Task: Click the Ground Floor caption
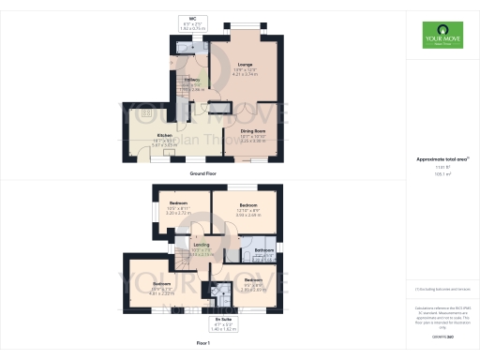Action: tap(205, 173)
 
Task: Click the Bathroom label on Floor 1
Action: tap(263, 250)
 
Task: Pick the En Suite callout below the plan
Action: tap(220, 325)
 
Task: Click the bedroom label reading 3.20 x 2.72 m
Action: tap(178, 209)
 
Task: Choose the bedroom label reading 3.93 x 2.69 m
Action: tap(247, 209)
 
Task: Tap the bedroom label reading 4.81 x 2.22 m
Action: tap(163, 285)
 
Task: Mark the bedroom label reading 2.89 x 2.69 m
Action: tap(253, 283)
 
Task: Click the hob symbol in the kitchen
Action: tap(146, 113)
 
